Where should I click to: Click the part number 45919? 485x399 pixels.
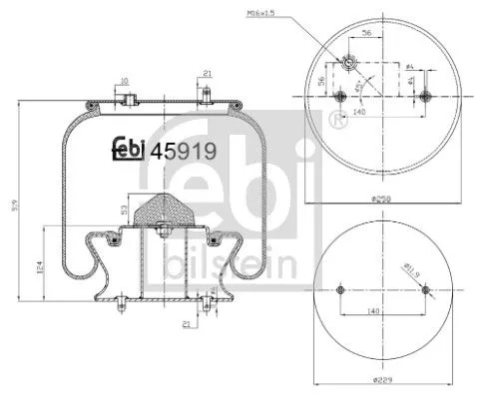[182, 152]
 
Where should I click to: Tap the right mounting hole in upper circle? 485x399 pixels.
[425, 97]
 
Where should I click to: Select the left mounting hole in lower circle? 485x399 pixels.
[340, 290]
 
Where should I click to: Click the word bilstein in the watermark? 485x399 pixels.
[245, 261]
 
